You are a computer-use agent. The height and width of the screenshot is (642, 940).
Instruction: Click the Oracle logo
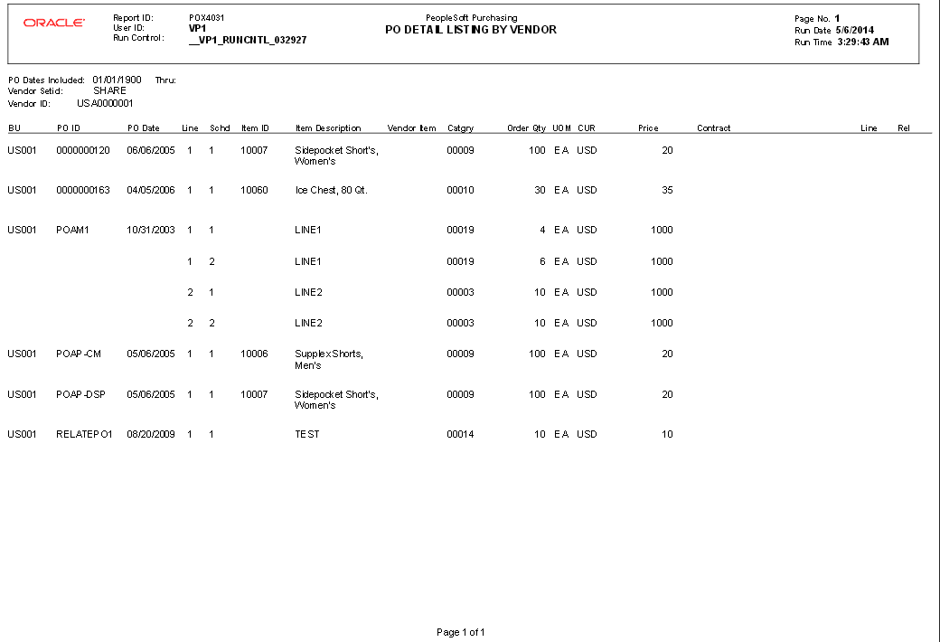(x=54, y=23)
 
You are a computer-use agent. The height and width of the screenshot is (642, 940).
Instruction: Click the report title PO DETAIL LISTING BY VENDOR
(x=471, y=30)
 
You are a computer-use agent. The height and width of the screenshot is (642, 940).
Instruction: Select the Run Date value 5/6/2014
(x=855, y=31)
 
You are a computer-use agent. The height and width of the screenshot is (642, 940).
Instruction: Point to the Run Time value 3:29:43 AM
(x=862, y=42)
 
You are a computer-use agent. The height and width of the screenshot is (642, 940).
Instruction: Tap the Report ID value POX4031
(x=207, y=18)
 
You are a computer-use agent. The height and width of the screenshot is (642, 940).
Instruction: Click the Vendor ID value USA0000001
(x=105, y=103)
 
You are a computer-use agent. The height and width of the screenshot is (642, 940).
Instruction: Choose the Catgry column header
(x=460, y=128)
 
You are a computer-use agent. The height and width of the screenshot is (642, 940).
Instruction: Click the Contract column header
(x=713, y=128)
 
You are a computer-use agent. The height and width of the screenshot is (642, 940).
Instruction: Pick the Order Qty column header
(x=526, y=128)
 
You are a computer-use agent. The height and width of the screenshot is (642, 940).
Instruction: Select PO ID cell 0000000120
(x=83, y=150)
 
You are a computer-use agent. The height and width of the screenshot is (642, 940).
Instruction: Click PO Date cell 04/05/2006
(x=151, y=191)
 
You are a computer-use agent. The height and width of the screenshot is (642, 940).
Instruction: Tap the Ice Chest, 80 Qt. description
(x=331, y=191)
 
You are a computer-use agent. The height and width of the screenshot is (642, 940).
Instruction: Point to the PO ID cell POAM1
(x=73, y=231)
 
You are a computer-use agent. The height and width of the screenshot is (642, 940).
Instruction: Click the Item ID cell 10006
(x=254, y=354)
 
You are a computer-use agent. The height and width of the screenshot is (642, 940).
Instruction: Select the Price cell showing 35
(x=667, y=191)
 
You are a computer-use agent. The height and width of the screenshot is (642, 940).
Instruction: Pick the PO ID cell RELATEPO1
(x=84, y=435)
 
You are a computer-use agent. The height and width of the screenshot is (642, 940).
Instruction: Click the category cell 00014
(x=460, y=435)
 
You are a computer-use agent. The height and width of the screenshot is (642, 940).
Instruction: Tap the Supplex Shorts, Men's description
(x=329, y=360)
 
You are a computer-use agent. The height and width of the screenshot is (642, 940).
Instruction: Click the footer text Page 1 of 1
(x=461, y=632)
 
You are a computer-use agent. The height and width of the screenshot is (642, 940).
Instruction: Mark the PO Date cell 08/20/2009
(x=151, y=435)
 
